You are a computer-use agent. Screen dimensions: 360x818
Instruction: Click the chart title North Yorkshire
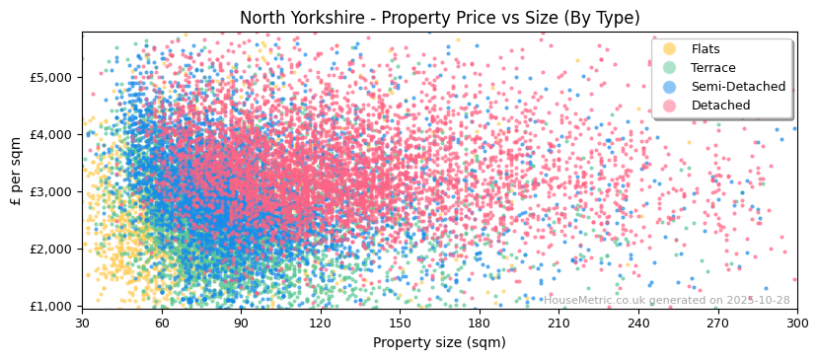click(439, 18)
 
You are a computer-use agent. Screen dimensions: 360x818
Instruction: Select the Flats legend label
click(705, 49)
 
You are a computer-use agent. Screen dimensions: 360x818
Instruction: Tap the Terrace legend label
click(712, 68)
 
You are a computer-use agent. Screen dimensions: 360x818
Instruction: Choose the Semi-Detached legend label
click(731, 87)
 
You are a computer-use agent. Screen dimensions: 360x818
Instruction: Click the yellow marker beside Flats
click(669, 49)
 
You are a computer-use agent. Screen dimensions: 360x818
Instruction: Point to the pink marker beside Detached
click(669, 106)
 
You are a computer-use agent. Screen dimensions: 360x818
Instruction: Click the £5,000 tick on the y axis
click(51, 77)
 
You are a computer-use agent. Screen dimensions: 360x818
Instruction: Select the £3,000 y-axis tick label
click(51, 191)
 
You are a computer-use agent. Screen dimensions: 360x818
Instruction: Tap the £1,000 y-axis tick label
click(51, 306)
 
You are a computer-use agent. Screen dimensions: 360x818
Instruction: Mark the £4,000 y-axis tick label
click(51, 134)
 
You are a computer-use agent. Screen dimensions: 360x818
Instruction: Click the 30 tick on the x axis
click(82, 323)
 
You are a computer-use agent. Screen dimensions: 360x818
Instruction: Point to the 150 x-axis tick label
click(400, 323)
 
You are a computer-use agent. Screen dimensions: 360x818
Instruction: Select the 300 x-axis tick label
click(796, 323)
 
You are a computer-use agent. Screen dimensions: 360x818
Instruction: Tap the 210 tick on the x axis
click(558, 323)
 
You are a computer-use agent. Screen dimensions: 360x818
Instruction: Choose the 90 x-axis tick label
click(241, 323)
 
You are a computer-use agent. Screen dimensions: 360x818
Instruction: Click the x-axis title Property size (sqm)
click(439, 342)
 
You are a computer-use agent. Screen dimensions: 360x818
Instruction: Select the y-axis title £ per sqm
click(17, 169)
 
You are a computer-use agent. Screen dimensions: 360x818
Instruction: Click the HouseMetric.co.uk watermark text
click(667, 300)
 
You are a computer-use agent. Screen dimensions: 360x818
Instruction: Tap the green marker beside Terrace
click(669, 68)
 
